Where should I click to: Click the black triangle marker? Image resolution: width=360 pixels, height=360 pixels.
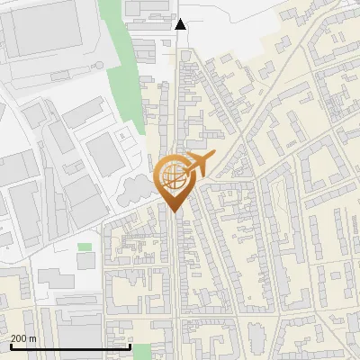click(181, 24)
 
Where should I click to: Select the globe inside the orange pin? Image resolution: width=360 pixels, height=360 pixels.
click(171, 176)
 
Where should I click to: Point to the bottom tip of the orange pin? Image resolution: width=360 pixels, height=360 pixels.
click(173, 211)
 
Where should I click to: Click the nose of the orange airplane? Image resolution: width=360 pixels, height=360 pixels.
click(213, 155)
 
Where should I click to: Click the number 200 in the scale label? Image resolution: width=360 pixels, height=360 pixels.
click(20, 338)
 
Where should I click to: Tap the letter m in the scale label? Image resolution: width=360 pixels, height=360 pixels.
click(33, 338)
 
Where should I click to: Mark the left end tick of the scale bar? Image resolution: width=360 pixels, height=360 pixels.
click(11, 346)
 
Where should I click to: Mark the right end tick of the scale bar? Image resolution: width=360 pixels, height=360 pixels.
click(130, 346)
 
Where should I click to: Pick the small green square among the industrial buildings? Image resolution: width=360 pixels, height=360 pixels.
click(85, 247)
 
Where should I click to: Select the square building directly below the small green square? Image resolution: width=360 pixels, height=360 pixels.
click(85, 261)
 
